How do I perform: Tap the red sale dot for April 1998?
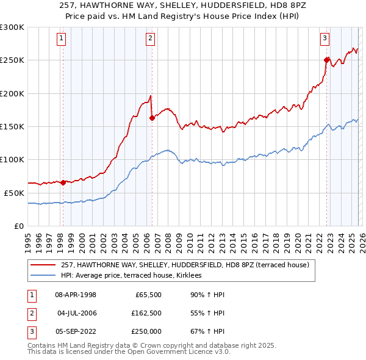point(63,182)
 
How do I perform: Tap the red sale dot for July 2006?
point(152,118)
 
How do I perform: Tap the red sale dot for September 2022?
point(326,60)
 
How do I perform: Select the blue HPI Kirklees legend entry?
point(135,276)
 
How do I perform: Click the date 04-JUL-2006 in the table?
point(77,313)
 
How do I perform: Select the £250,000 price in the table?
point(146,331)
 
